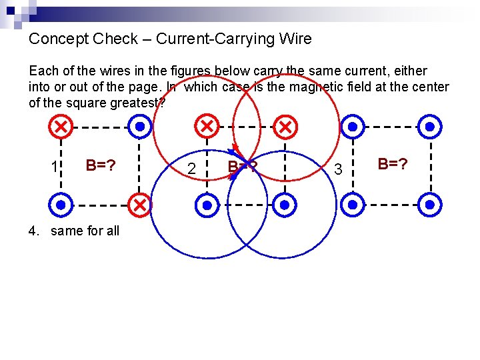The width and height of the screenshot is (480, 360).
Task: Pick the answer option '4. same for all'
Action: point(74,231)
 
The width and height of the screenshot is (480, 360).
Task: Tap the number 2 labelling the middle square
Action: point(192,169)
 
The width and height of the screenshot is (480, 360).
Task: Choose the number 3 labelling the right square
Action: point(338,169)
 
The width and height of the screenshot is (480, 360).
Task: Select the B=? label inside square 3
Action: point(392,163)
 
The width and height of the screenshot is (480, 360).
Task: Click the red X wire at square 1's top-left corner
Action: point(61,126)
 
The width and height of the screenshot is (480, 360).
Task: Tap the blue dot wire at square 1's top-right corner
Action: point(139,126)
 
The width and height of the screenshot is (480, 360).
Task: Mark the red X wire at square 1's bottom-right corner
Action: point(139,205)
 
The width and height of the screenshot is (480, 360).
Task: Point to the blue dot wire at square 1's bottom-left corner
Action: point(61,205)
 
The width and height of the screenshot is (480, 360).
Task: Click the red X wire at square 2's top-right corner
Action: point(285,126)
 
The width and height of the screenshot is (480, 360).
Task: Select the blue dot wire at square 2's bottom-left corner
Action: point(207,205)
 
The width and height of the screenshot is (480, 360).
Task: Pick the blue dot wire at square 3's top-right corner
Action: point(430,126)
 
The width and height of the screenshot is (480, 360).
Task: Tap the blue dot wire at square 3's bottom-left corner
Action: point(352,205)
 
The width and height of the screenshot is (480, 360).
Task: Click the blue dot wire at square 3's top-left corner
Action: point(352,126)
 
